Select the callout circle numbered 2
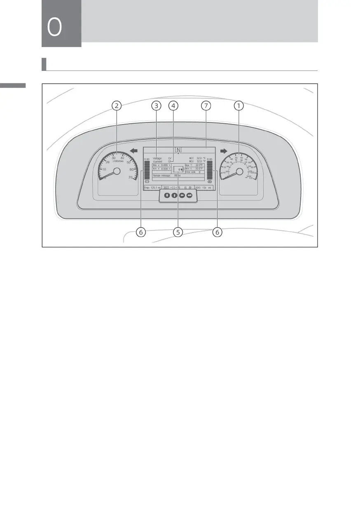click(x=117, y=106)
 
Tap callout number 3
click(x=156, y=106)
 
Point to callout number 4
click(x=173, y=106)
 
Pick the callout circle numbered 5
click(x=178, y=233)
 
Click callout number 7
click(x=206, y=106)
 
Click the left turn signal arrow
click(x=133, y=151)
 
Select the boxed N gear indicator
click(x=178, y=150)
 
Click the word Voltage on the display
click(x=157, y=158)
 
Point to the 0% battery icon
click(x=179, y=169)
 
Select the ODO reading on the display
click(x=203, y=188)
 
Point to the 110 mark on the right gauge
click(x=250, y=179)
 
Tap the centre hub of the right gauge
click(x=239, y=171)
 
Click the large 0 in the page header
click(x=55, y=28)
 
